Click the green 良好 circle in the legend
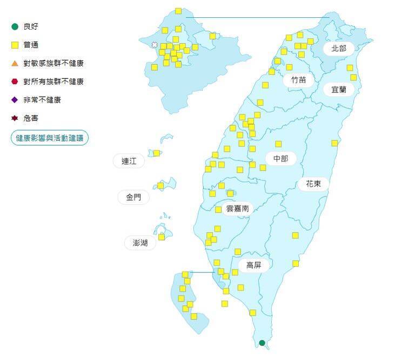click(15, 26)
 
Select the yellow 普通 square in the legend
click(15, 45)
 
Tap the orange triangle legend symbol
click(15, 63)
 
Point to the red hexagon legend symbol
click(15, 81)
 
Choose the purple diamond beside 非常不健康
click(15, 100)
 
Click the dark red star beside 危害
click(15, 118)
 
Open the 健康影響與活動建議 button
click(50, 138)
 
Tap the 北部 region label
click(339, 48)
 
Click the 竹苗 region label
click(298, 79)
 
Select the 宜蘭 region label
click(339, 90)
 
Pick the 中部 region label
click(281, 159)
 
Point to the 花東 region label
click(313, 184)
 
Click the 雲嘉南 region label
click(237, 208)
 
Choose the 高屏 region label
click(253, 265)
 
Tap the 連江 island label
click(129, 161)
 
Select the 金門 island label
click(133, 197)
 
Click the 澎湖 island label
click(140, 243)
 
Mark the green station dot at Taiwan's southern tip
click(262, 343)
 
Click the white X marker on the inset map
click(155, 44)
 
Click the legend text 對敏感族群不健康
click(53, 63)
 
